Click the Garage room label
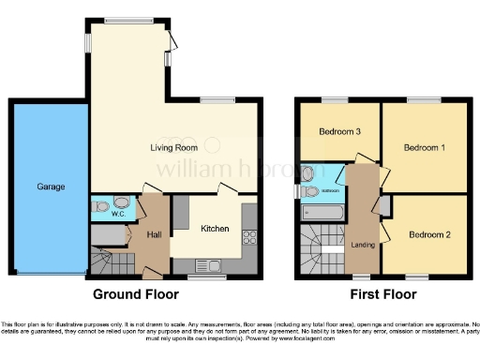(x=51, y=187)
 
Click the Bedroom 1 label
(x=424, y=147)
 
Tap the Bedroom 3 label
(x=340, y=132)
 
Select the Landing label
(x=359, y=246)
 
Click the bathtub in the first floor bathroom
(x=322, y=213)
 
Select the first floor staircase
(x=319, y=251)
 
